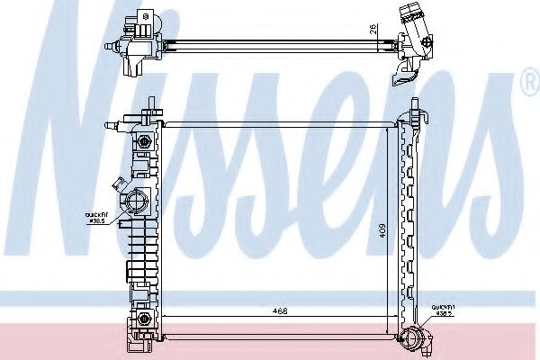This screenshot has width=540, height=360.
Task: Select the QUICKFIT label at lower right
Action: [x=443, y=311]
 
